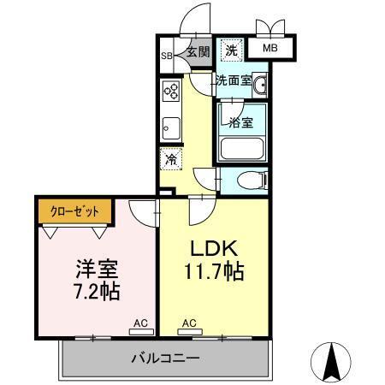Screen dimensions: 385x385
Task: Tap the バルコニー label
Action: pos(165,358)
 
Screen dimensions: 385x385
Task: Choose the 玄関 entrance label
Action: pos(198,52)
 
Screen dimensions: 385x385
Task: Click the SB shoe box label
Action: pos(167,58)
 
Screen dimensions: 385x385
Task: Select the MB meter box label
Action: pos(269,48)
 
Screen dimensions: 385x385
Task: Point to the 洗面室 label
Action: pos(232,81)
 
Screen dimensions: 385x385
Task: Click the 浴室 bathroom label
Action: pos(240,121)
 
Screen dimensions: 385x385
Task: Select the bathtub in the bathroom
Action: pos(242,148)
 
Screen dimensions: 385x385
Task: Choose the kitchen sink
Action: pos(169,127)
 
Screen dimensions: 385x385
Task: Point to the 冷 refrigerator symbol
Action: pos(171,158)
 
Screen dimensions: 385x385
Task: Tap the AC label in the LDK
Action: pos(189,324)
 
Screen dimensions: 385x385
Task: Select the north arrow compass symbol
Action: pos(333,363)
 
